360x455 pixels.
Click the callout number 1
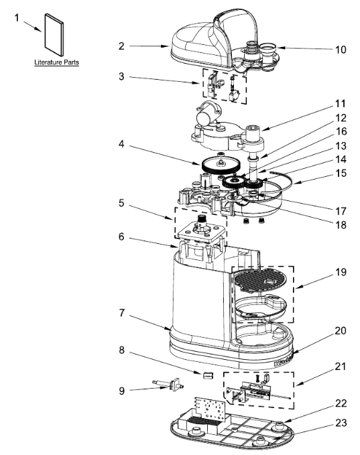pyautogui.click(x=17, y=18)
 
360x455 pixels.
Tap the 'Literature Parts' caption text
pyautogui.click(x=56, y=62)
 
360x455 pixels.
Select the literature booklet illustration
pyautogui.click(x=54, y=35)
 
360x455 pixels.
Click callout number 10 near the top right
pyautogui.click(x=341, y=50)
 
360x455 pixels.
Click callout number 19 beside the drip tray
pyautogui.click(x=341, y=272)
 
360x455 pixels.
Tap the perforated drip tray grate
pyautogui.click(x=260, y=279)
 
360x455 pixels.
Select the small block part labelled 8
pyautogui.click(x=208, y=375)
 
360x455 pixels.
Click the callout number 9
pyautogui.click(x=121, y=391)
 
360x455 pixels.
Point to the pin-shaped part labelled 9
pyautogui.click(x=169, y=385)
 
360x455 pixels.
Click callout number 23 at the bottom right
pyautogui.click(x=341, y=423)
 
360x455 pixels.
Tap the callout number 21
pyautogui.click(x=341, y=367)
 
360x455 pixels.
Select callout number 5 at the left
pyautogui.click(x=121, y=203)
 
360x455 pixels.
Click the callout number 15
pyautogui.click(x=341, y=174)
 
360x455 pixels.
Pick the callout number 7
pyautogui.click(x=121, y=313)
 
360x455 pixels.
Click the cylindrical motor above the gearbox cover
pyautogui.click(x=207, y=114)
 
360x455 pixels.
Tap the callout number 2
pyautogui.click(x=121, y=46)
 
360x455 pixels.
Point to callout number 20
pyautogui.click(x=341, y=331)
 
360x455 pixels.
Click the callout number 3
pyautogui.click(x=121, y=76)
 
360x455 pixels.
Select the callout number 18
pyautogui.click(x=341, y=225)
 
